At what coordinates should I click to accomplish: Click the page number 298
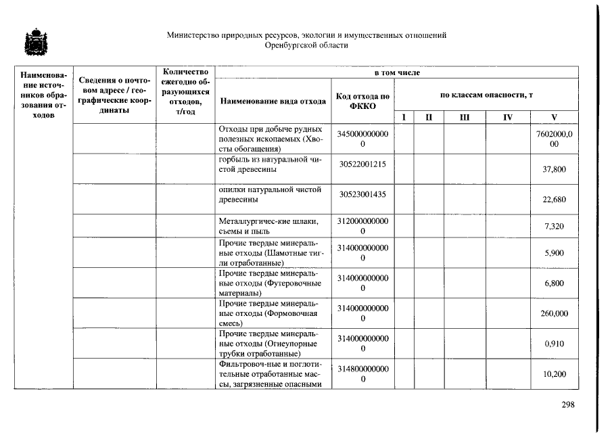click(x=567, y=405)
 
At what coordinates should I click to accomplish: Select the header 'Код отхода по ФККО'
click(x=362, y=101)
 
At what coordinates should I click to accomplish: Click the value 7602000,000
click(x=554, y=139)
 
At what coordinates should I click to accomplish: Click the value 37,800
click(x=554, y=169)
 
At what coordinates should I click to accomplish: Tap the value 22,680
click(x=554, y=200)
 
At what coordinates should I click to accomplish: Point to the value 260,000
click(x=554, y=314)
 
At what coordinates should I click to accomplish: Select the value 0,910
click(x=554, y=344)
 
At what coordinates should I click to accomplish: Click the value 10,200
click(x=554, y=374)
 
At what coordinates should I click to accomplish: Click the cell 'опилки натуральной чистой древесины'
click(x=270, y=195)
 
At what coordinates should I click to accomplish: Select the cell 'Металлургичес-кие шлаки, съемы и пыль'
click(x=270, y=226)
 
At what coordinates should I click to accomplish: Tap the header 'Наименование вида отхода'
click(x=272, y=102)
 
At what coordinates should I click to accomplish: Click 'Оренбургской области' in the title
click(x=306, y=45)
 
